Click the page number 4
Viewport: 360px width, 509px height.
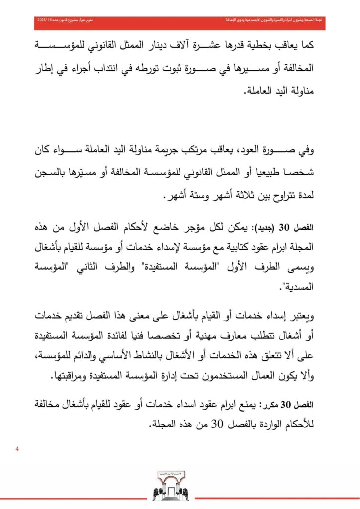click(x=18, y=450)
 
